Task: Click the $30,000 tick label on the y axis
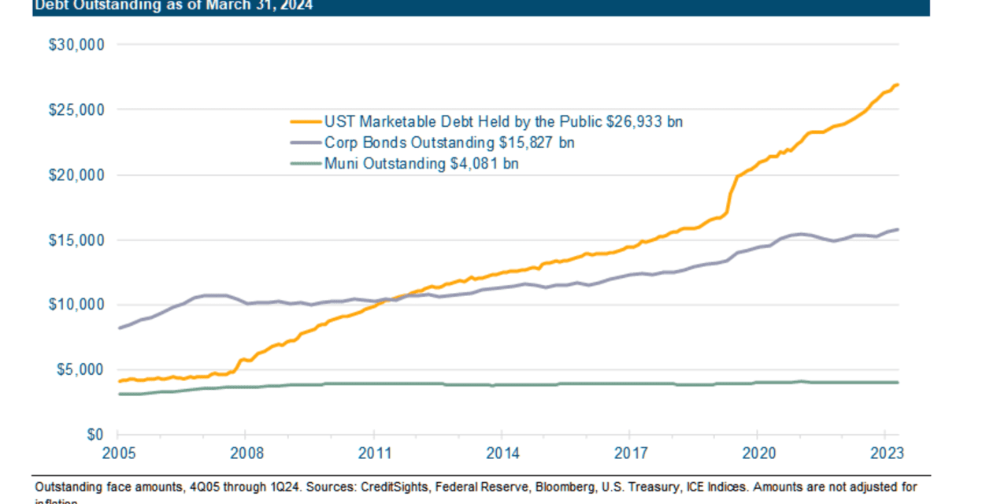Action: click(77, 45)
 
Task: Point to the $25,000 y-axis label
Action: click(77, 110)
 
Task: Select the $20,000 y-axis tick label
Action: click(77, 175)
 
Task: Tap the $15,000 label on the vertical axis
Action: click(77, 240)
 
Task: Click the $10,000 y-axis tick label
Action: click(77, 305)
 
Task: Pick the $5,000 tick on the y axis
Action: click(80, 370)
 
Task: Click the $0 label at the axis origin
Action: click(94, 435)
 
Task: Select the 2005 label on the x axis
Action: click(117, 454)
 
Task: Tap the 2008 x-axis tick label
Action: click(245, 454)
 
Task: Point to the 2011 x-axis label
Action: click(373, 454)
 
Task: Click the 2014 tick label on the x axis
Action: click(502, 454)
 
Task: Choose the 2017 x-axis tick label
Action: click(629, 454)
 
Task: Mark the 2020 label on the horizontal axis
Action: click(757, 454)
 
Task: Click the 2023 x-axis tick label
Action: click(884, 454)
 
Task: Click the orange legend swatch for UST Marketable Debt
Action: click(306, 122)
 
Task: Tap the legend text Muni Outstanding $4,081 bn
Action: click(421, 164)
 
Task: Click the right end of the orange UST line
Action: click(898, 85)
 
